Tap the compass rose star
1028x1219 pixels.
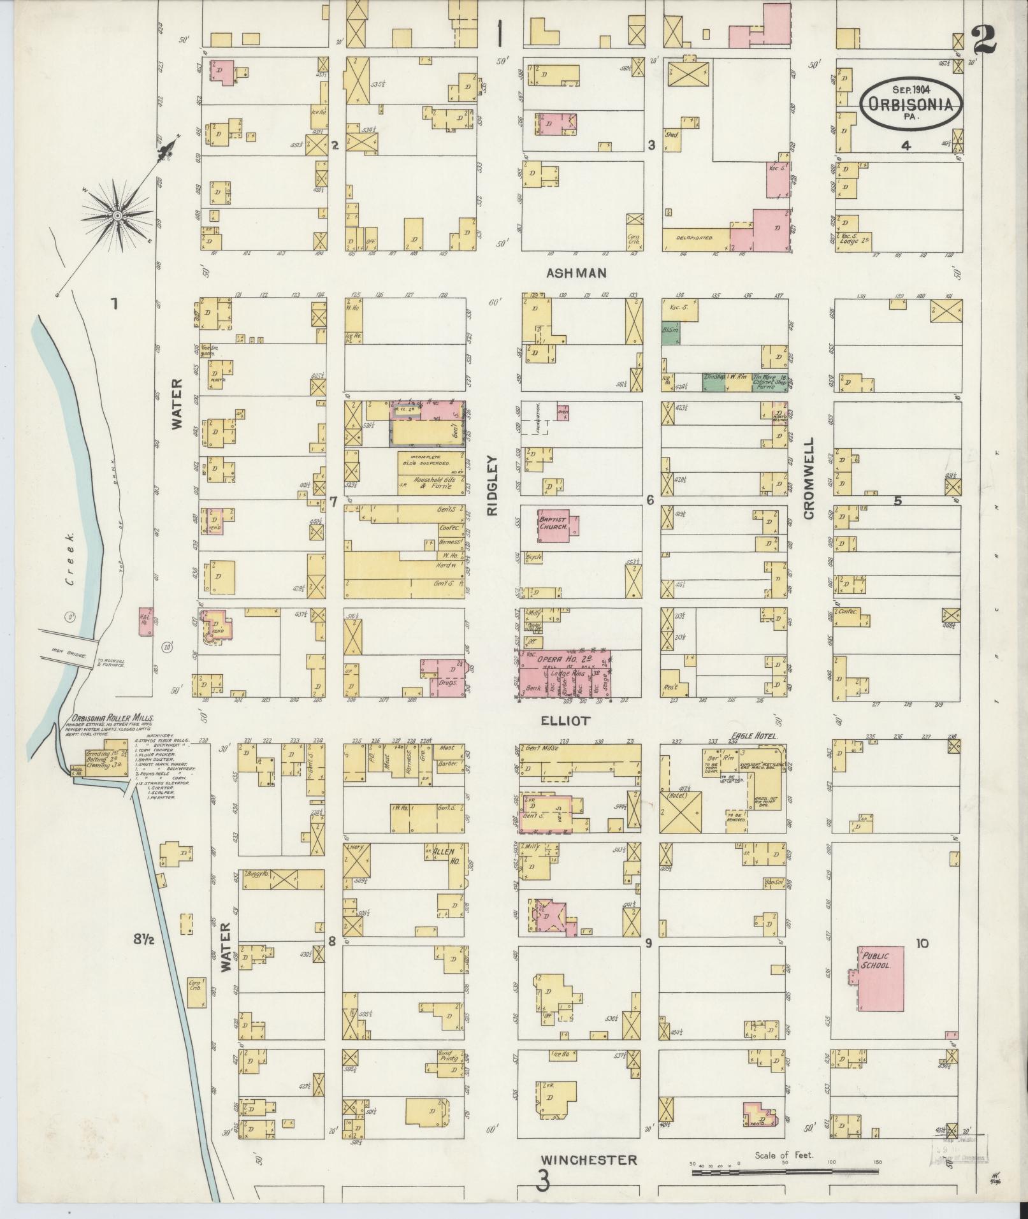pos(118,217)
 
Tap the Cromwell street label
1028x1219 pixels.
pos(809,478)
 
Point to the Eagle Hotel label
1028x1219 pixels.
pos(755,735)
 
